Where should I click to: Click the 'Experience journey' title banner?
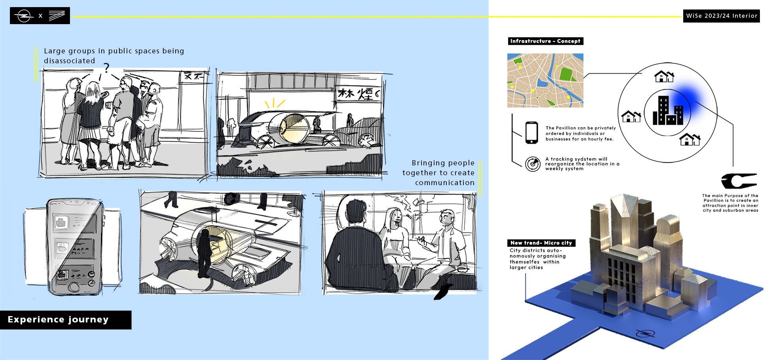[66, 320]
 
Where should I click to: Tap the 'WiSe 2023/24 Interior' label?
[722, 16]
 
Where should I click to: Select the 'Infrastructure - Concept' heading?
[545, 41]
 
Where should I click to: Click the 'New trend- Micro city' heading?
[541, 243]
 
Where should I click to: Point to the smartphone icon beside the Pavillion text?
[532, 133]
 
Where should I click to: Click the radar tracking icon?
[533, 164]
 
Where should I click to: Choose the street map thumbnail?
[545, 80]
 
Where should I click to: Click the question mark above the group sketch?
[106, 68]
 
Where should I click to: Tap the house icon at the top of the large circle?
[664, 76]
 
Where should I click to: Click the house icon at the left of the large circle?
[631, 116]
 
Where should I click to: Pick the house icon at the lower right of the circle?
[690, 139]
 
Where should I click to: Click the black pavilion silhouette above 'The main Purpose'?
[738, 181]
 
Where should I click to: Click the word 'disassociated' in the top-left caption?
[70, 61]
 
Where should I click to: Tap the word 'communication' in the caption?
[445, 183]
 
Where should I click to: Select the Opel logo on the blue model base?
[645, 334]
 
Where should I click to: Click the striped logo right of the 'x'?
[57, 16]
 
